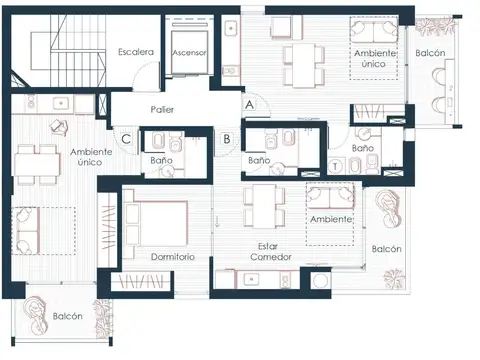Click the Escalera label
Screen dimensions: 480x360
point(136,52)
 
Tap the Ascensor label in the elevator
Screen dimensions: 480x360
point(189,52)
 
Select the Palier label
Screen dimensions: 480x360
point(162,109)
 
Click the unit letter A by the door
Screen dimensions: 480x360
point(249,105)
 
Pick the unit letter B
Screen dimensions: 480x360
point(227,139)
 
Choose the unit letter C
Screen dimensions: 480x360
point(126,139)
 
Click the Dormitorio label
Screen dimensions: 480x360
point(173,257)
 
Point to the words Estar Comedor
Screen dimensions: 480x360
point(271,252)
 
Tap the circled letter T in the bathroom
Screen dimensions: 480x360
point(335,166)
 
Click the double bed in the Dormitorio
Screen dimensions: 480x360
point(156,224)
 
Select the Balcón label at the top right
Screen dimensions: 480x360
point(430,53)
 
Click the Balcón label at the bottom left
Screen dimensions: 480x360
point(68,316)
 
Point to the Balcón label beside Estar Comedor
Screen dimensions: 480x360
point(386,249)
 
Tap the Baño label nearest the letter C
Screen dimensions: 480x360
point(161,160)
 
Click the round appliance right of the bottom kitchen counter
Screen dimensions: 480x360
point(321,280)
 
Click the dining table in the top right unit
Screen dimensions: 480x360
point(303,65)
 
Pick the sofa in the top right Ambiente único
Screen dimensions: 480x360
point(373,31)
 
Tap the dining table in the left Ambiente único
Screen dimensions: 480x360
point(37,165)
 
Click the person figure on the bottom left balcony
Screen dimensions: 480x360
point(34,314)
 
